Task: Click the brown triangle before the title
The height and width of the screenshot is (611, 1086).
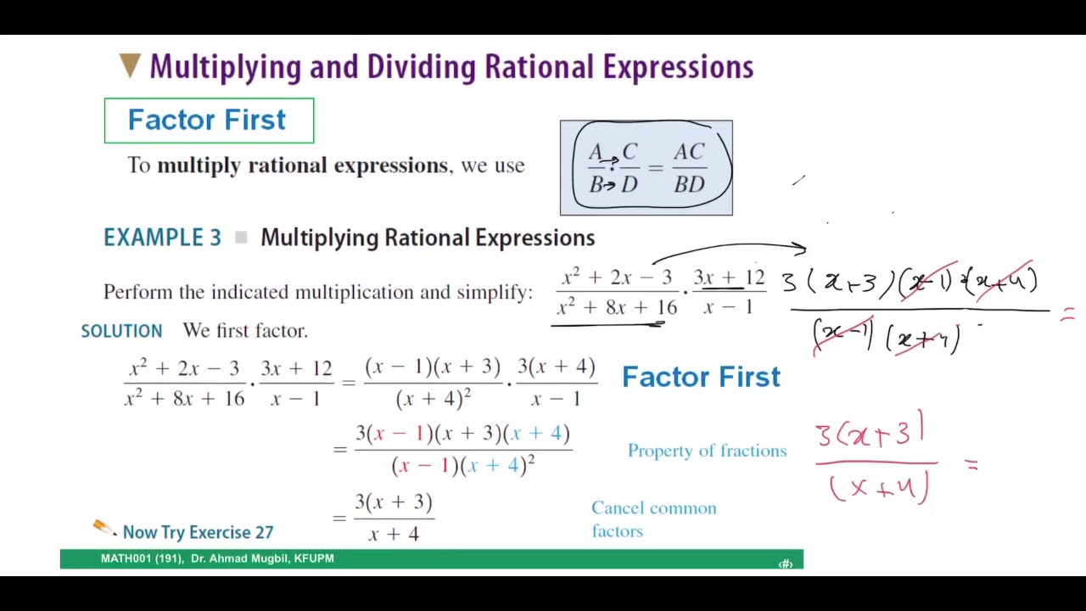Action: pos(130,66)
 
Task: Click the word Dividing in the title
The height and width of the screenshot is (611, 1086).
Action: pos(423,67)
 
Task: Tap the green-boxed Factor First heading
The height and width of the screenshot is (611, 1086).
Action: pos(207,121)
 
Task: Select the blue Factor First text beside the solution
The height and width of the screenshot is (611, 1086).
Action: pos(701,377)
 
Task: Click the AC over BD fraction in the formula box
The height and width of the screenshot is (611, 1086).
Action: pos(689,168)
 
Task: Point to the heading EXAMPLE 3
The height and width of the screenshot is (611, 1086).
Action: pos(162,238)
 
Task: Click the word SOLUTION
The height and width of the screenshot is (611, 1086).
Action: pos(121,331)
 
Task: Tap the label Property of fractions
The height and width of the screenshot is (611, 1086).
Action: pos(707,451)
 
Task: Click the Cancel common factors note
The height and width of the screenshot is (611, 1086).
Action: pos(653,519)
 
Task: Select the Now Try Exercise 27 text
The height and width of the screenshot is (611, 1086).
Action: pos(198,532)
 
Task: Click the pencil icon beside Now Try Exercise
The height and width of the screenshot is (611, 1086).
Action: pos(104,528)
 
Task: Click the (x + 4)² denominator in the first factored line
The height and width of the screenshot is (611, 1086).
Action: pos(433,398)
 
